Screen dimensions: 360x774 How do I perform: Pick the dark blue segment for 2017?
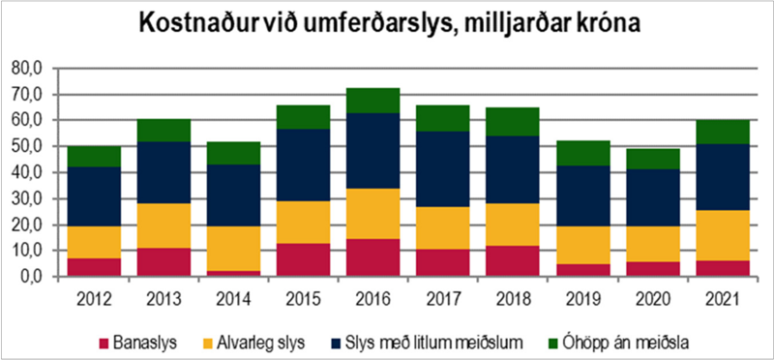443,169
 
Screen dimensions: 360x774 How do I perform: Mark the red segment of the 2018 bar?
512,259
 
